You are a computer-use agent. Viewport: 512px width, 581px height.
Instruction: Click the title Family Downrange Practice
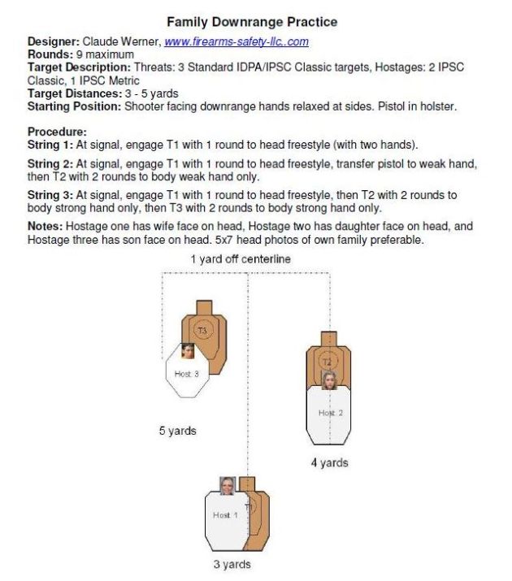pos(252,22)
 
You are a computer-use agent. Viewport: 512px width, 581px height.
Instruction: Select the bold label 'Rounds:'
pos(50,54)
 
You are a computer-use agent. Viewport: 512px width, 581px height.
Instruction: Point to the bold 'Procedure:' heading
pos(57,132)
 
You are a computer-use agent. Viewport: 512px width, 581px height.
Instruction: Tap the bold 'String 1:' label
pos(50,145)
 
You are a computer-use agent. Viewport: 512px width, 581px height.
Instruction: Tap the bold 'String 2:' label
pos(50,164)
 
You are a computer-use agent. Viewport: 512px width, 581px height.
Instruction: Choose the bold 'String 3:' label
pos(50,195)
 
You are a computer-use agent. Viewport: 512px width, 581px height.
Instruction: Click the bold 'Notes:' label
pos(46,226)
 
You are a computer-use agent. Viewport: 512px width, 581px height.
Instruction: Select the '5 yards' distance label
pos(177,431)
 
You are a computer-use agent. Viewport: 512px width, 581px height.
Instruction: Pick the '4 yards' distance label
pos(329,463)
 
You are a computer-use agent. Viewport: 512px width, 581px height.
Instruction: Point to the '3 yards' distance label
pos(232,564)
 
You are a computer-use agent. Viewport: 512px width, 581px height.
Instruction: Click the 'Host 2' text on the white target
pos(327,413)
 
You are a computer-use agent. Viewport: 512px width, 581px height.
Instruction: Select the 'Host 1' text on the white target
pos(224,515)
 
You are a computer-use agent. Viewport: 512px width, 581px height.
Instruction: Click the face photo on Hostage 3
pos(188,352)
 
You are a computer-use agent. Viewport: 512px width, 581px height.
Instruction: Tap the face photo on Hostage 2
pos(329,379)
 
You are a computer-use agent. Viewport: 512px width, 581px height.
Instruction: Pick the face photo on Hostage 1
pos(228,485)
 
